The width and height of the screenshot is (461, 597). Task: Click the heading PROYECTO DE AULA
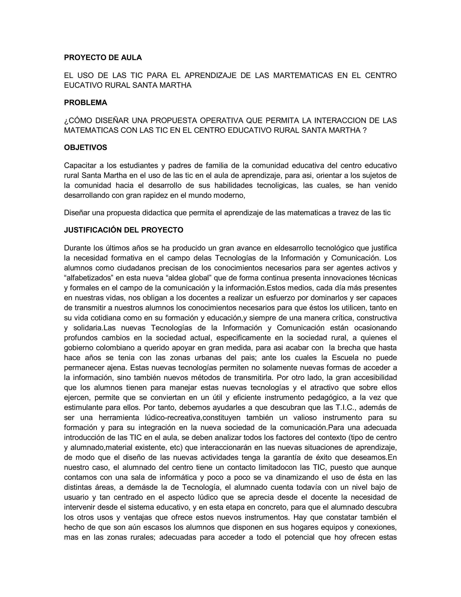coord(103,58)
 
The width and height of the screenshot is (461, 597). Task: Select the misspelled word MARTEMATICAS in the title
coord(303,75)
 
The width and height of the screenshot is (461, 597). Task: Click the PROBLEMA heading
coord(86,103)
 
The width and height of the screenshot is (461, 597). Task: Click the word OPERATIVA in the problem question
coord(221,120)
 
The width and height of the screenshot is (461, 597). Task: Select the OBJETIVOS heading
coord(86,148)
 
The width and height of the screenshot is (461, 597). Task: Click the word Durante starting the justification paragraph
coord(77,248)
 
